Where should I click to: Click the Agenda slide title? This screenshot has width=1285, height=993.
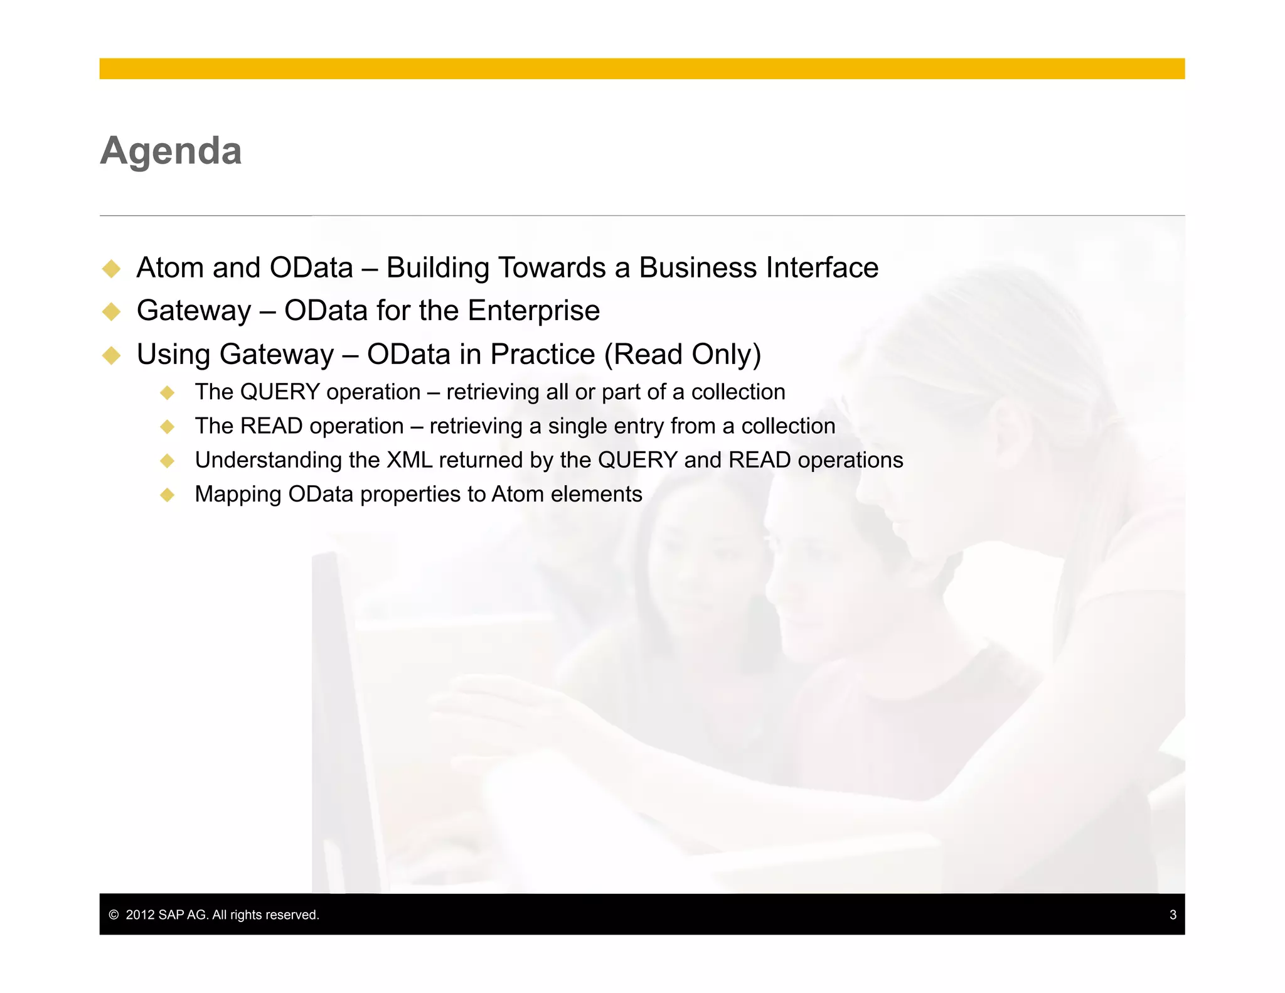point(171,151)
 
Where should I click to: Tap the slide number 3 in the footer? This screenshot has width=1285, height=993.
point(1173,915)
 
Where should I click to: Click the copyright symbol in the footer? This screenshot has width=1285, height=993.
point(114,915)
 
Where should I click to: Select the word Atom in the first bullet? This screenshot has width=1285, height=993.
point(171,268)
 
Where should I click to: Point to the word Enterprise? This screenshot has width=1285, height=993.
point(533,311)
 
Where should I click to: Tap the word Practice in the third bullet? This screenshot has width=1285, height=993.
point(542,355)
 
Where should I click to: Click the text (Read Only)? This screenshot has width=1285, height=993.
point(683,355)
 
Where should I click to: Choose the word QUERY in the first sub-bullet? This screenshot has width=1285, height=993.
point(280,392)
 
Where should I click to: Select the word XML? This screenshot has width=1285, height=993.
point(409,460)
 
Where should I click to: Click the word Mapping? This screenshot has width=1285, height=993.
point(238,495)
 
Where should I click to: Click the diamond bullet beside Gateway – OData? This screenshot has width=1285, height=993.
point(112,311)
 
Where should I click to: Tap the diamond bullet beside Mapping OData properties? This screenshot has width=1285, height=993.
point(167,495)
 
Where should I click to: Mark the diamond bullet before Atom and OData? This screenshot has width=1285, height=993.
point(112,269)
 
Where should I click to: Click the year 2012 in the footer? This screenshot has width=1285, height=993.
point(140,915)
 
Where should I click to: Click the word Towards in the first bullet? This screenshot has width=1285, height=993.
point(552,268)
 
